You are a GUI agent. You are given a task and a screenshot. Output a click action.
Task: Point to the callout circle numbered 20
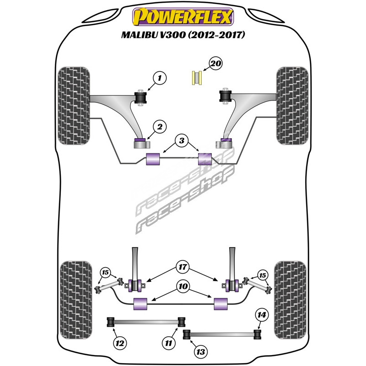pos(215,64)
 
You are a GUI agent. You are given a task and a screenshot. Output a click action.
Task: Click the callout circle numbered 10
pos(183,286)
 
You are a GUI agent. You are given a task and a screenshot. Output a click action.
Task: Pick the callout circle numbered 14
pos(261,315)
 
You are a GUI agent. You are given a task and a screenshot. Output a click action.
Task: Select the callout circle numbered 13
pos(200,352)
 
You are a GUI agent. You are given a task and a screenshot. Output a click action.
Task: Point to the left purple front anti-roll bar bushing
pos(153,160)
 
